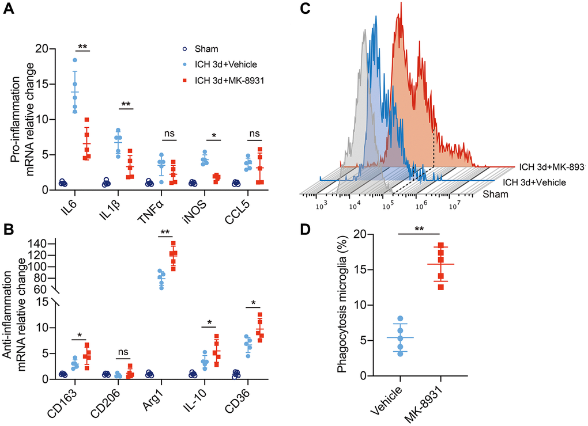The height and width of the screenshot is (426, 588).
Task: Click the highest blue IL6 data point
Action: pos(75,60)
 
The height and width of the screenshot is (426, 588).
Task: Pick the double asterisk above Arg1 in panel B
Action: pos(165,233)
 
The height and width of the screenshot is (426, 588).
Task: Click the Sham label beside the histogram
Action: pos(496,194)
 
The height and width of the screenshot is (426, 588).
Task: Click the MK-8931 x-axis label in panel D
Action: pos(430,402)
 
